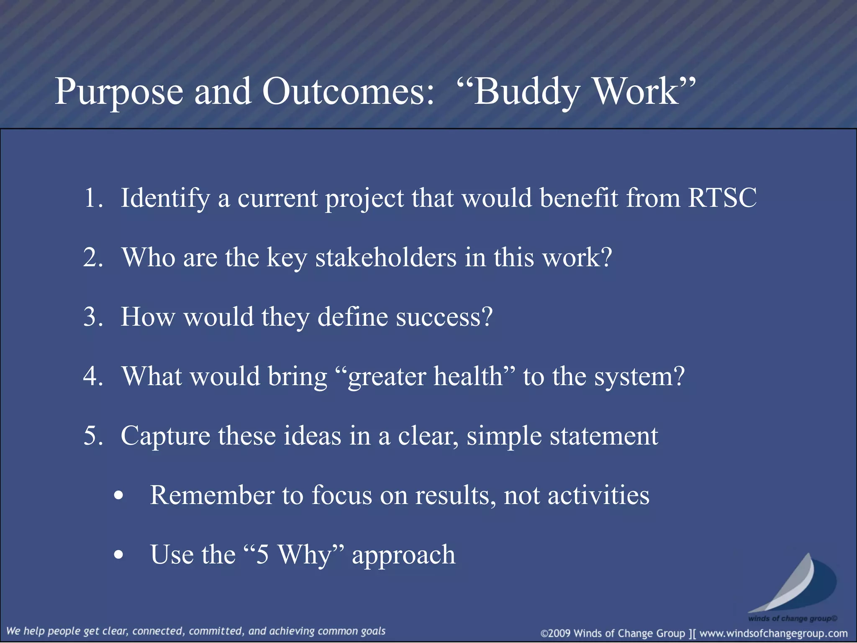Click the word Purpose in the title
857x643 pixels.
pyautogui.click(x=119, y=92)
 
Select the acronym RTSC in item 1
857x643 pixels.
pyautogui.click(x=722, y=198)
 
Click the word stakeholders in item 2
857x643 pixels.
pyautogui.click(x=385, y=257)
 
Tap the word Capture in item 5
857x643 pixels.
pyautogui.click(x=165, y=436)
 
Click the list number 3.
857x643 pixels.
pyautogui.click(x=93, y=317)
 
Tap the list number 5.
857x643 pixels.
pyautogui.click(x=93, y=436)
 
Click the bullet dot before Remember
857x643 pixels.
pyautogui.click(x=119, y=496)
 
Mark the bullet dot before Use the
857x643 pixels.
pyautogui.click(x=119, y=555)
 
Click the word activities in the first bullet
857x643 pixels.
pyautogui.click(x=598, y=495)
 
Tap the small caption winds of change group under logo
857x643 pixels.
pyautogui.click(x=792, y=618)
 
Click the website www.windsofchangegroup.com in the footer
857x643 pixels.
pyautogui.click(x=773, y=633)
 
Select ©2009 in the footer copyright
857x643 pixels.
pyautogui.click(x=556, y=633)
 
